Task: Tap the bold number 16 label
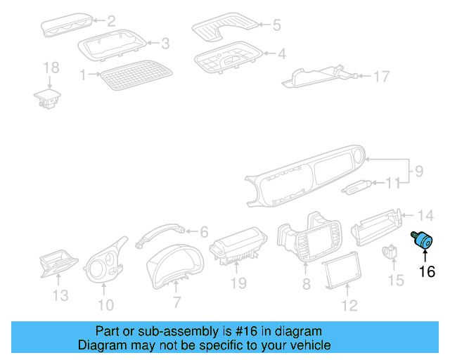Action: [x=427, y=271]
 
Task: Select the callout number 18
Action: [x=51, y=67]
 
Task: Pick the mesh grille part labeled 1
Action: [x=136, y=75]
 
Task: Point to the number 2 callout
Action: [x=111, y=22]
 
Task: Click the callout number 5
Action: [x=276, y=26]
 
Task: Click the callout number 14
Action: [x=426, y=215]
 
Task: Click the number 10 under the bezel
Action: [x=105, y=304]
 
